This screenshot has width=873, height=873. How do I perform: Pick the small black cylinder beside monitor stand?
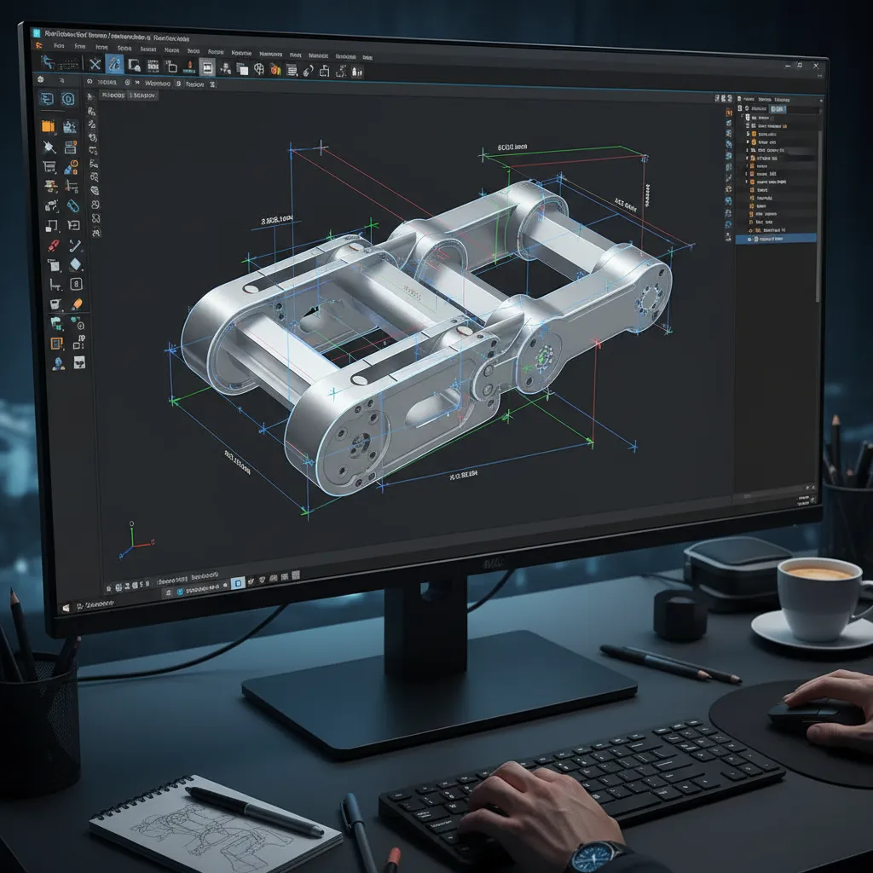click(x=679, y=614)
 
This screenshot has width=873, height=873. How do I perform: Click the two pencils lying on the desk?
click(x=669, y=663)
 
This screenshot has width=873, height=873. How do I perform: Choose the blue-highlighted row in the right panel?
click(x=776, y=240)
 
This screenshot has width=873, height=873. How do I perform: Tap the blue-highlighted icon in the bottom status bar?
click(x=239, y=583)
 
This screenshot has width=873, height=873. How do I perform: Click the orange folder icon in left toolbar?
click(x=49, y=126)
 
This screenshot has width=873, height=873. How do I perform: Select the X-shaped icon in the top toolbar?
click(x=95, y=65)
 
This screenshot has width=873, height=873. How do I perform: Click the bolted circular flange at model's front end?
click(x=358, y=443)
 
